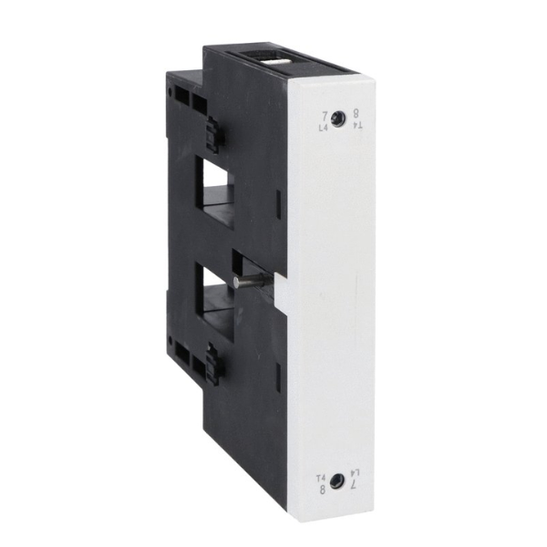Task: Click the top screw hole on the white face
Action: click(338, 119)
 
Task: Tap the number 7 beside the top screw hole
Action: click(325, 115)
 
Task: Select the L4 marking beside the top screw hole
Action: click(324, 127)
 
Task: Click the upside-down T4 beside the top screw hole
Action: click(354, 127)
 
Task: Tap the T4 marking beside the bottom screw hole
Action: click(320, 476)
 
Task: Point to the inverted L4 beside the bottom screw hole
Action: click(353, 475)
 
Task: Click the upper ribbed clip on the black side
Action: click(216, 136)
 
